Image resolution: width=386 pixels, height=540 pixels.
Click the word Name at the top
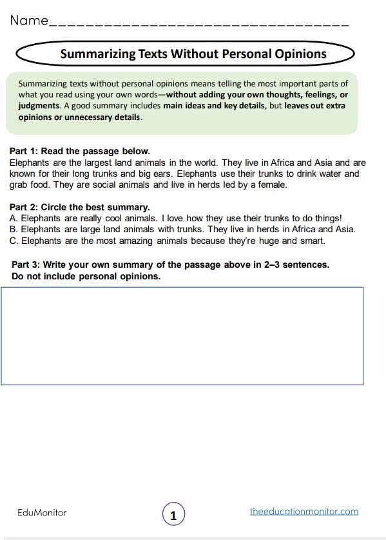coord(29,21)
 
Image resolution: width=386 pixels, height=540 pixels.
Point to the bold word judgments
coord(39,106)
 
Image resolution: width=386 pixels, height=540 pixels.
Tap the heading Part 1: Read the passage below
coord(80,152)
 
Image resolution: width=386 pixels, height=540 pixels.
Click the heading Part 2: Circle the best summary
coord(80,207)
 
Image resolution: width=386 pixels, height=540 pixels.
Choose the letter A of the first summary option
coord(14,218)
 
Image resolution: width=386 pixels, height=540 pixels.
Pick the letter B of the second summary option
coord(14,229)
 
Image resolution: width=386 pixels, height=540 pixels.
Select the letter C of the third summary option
coord(14,241)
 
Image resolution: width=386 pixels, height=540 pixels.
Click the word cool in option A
coord(107,218)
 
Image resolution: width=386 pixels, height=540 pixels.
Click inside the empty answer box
coord(182,335)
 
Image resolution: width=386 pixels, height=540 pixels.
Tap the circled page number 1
coord(173,515)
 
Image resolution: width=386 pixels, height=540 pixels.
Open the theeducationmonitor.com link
coord(304,512)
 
